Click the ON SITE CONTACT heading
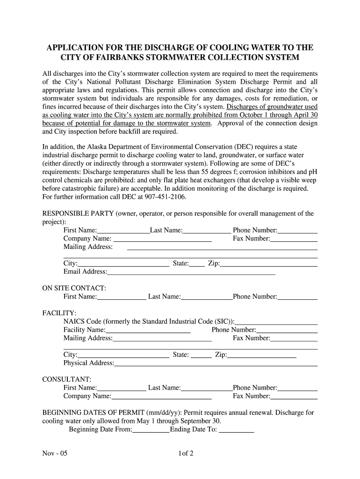click(x=74, y=288)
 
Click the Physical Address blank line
click(x=216, y=363)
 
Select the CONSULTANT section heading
click(x=67, y=379)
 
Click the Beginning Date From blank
click(x=151, y=429)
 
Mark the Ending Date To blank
click(x=237, y=429)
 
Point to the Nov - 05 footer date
click(x=55, y=453)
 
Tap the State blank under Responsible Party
click(x=197, y=264)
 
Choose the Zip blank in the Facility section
click(x=262, y=355)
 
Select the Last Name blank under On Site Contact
click(x=207, y=297)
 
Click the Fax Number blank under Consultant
click(x=295, y=396)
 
